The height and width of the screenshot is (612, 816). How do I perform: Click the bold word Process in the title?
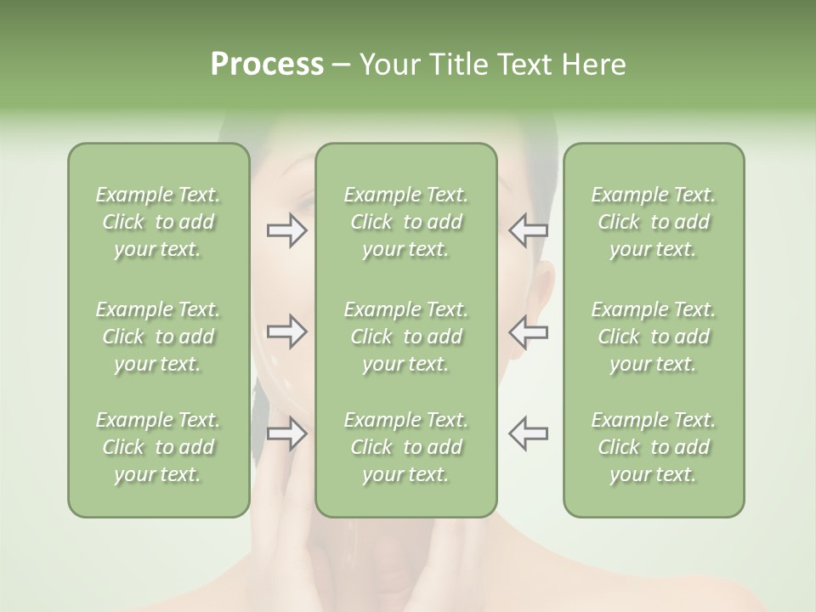click(267, 65)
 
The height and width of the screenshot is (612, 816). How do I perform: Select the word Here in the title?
click(593, 65)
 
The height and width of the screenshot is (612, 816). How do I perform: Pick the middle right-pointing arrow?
click(286, 331)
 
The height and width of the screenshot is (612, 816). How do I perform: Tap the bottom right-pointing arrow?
click(286, 433)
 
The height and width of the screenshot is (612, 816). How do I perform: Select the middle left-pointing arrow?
click(528, 331)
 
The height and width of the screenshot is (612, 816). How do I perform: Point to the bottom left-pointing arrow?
click(528, 433)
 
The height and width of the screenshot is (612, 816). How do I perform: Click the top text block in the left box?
click(158, 222)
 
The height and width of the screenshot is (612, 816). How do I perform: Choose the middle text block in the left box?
click(158, 337)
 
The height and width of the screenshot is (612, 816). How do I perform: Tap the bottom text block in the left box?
click(158, 447)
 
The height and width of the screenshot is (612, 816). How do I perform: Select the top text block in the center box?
click(405, 222)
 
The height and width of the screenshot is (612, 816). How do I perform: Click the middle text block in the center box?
click(405, 337)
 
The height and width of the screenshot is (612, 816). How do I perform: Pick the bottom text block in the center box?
click(405, 447)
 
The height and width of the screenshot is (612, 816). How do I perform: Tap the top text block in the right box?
click(653, 222)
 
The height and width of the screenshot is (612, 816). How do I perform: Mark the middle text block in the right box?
click(653, 337)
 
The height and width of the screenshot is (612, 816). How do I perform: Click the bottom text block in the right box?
click(653, 447)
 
